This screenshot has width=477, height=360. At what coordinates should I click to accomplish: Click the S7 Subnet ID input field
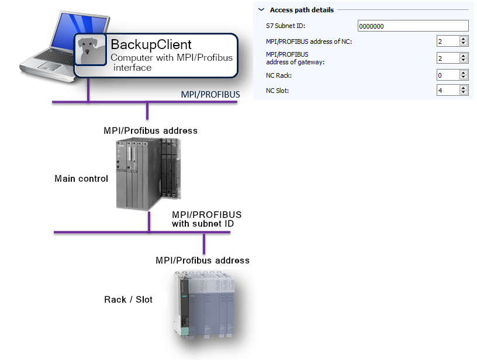coord(413,26)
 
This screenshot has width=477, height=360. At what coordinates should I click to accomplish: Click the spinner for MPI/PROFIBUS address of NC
coord(452,41)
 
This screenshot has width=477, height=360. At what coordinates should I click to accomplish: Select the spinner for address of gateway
coord(452,58)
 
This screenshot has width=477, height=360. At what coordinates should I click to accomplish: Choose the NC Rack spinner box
coord(452,75)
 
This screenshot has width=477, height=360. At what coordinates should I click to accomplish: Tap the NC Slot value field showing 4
coord(448,91)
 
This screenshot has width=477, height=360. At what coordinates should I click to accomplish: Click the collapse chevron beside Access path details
coord(261,10)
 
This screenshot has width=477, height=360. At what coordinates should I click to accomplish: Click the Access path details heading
coord(302,10)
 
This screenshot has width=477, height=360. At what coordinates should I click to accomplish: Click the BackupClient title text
coord(151,44)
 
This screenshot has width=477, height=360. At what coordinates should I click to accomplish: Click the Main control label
coord(81,178)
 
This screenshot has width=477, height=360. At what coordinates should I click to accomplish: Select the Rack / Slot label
coord(128,299)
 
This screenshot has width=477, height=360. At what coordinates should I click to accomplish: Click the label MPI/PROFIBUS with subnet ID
coord(206,219)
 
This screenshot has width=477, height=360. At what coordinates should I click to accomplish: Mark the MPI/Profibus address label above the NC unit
coord(202,260)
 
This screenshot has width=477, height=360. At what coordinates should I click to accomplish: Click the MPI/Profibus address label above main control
coord(150,130)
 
